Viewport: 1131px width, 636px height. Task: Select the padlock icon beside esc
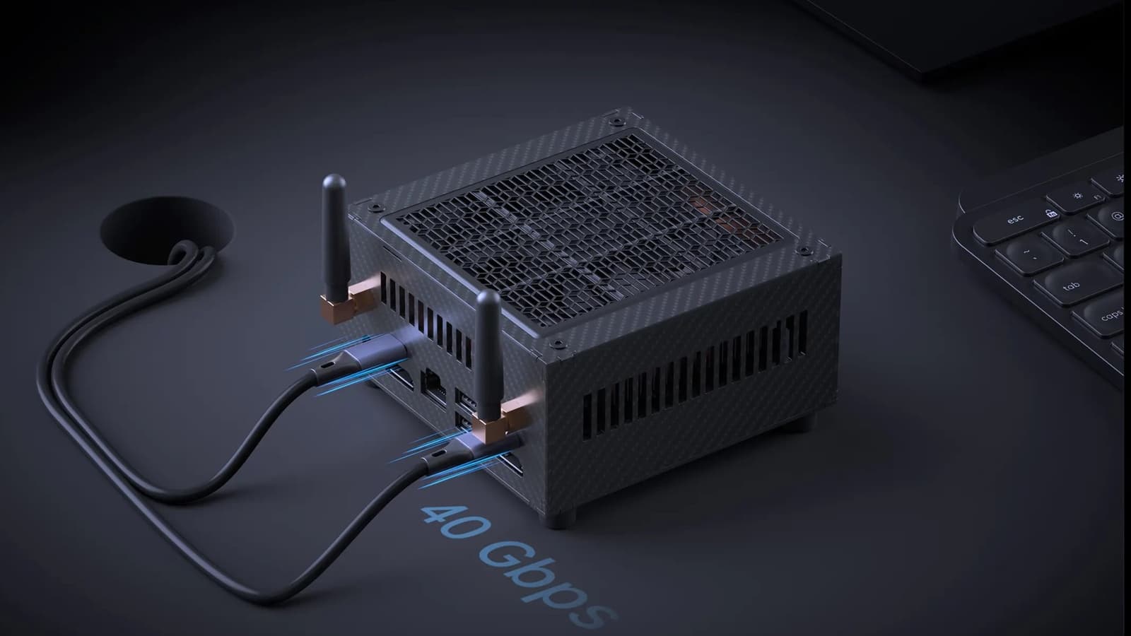pos(1050,213)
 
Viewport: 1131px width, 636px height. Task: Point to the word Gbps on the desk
pos(545,584)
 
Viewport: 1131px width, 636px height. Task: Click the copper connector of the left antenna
pos(348,302)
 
